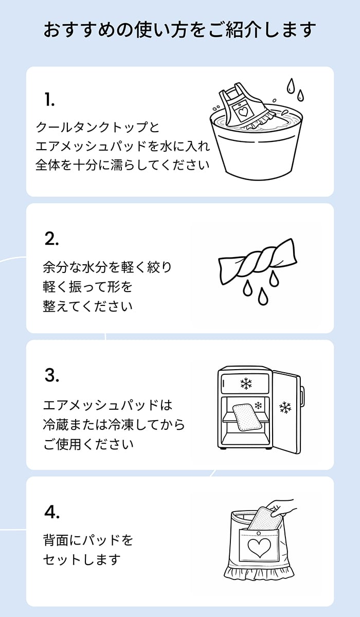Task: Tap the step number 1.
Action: click(x=50, y=100)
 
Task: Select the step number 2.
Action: click(x=52, y=239)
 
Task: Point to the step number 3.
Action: click(x=52, y=375)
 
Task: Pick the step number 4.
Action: click(x=52, y=512)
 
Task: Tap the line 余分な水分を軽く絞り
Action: click(x=107, y=267)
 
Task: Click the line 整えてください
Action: click(x=88, y=306)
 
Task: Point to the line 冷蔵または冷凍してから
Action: click(x=114, y=425)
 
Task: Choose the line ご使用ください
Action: click(x=88, y=444)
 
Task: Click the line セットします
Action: click(x=82, y=559)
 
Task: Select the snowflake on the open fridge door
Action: click(x=284, y=408)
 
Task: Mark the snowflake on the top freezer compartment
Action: click(x=245, y=384)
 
